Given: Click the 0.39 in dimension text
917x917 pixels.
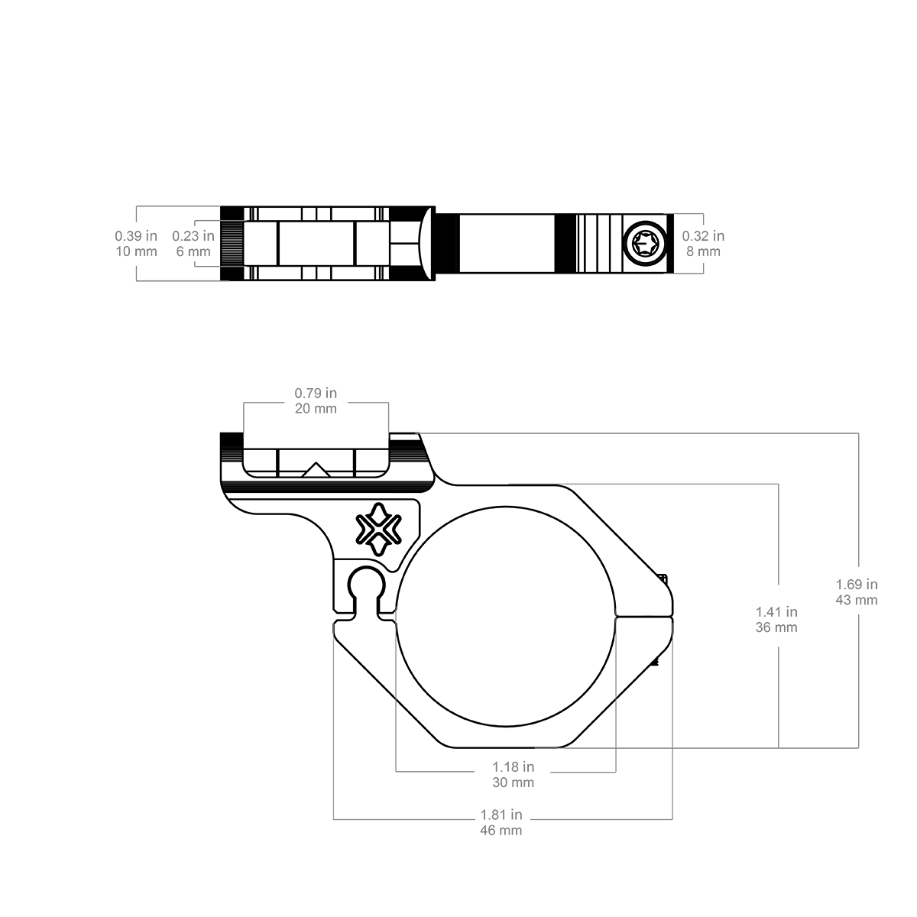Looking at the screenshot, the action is click(x=135, y=235).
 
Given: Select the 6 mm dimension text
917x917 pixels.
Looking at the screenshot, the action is click(x=193, y=251).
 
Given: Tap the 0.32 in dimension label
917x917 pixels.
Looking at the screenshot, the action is click(x=703, y=235).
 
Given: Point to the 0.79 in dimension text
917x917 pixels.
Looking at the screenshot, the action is click(x=316, y=393).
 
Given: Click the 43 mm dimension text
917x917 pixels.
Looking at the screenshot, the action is click(x=857, y=600).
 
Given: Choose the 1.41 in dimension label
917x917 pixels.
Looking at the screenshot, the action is click(x=776, y=611).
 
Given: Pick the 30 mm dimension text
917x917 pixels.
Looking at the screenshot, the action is click(x=513, y=783).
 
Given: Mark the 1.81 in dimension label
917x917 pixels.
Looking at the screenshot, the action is click(x=501, y=815).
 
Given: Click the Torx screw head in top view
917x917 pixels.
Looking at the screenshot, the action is click(x=645, y=244).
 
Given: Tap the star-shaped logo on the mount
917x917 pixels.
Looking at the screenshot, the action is click(x=379, y=529).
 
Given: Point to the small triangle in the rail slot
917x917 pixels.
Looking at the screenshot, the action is click(x=316, y=469).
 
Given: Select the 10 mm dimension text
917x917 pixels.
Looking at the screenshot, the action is click(x=136, y=251).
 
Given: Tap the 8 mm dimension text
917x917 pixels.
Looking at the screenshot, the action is click(x=703, y=251).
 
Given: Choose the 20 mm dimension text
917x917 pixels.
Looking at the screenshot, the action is click(x=316, y=408).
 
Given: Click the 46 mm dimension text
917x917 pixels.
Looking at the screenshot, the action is click(x=501, y=831).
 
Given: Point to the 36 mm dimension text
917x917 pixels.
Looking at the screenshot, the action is click(x=776, y=627).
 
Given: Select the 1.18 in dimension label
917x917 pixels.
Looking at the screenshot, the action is click(x=513, y=766).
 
